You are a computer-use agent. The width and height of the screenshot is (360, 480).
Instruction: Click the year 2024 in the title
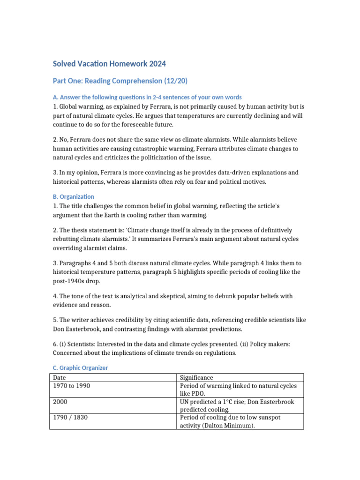(x=156, y=63)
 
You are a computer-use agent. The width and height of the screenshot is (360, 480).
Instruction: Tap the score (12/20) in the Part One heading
(x=175, y=81)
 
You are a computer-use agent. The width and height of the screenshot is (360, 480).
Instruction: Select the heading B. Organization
(x=74, y=197)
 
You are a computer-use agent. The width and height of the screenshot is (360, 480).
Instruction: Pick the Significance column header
(x=196, y=377)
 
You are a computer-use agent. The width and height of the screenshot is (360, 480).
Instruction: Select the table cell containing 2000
(x=60, y=402)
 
